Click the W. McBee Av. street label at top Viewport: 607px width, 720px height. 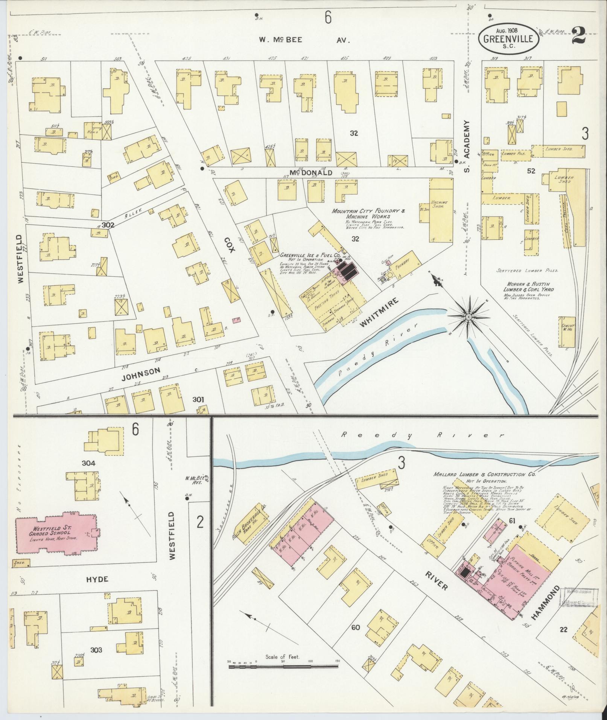click(x=304, y=40)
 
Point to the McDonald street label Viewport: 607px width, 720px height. click(x=311, y=173)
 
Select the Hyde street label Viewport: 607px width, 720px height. click(x=97, y=590)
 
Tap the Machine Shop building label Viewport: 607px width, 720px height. click(x=440, y=205)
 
